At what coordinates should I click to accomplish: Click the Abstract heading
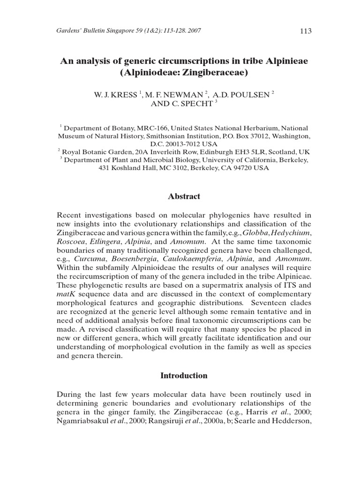184,197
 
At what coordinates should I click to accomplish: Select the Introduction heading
184,375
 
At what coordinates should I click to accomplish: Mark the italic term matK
66,295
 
